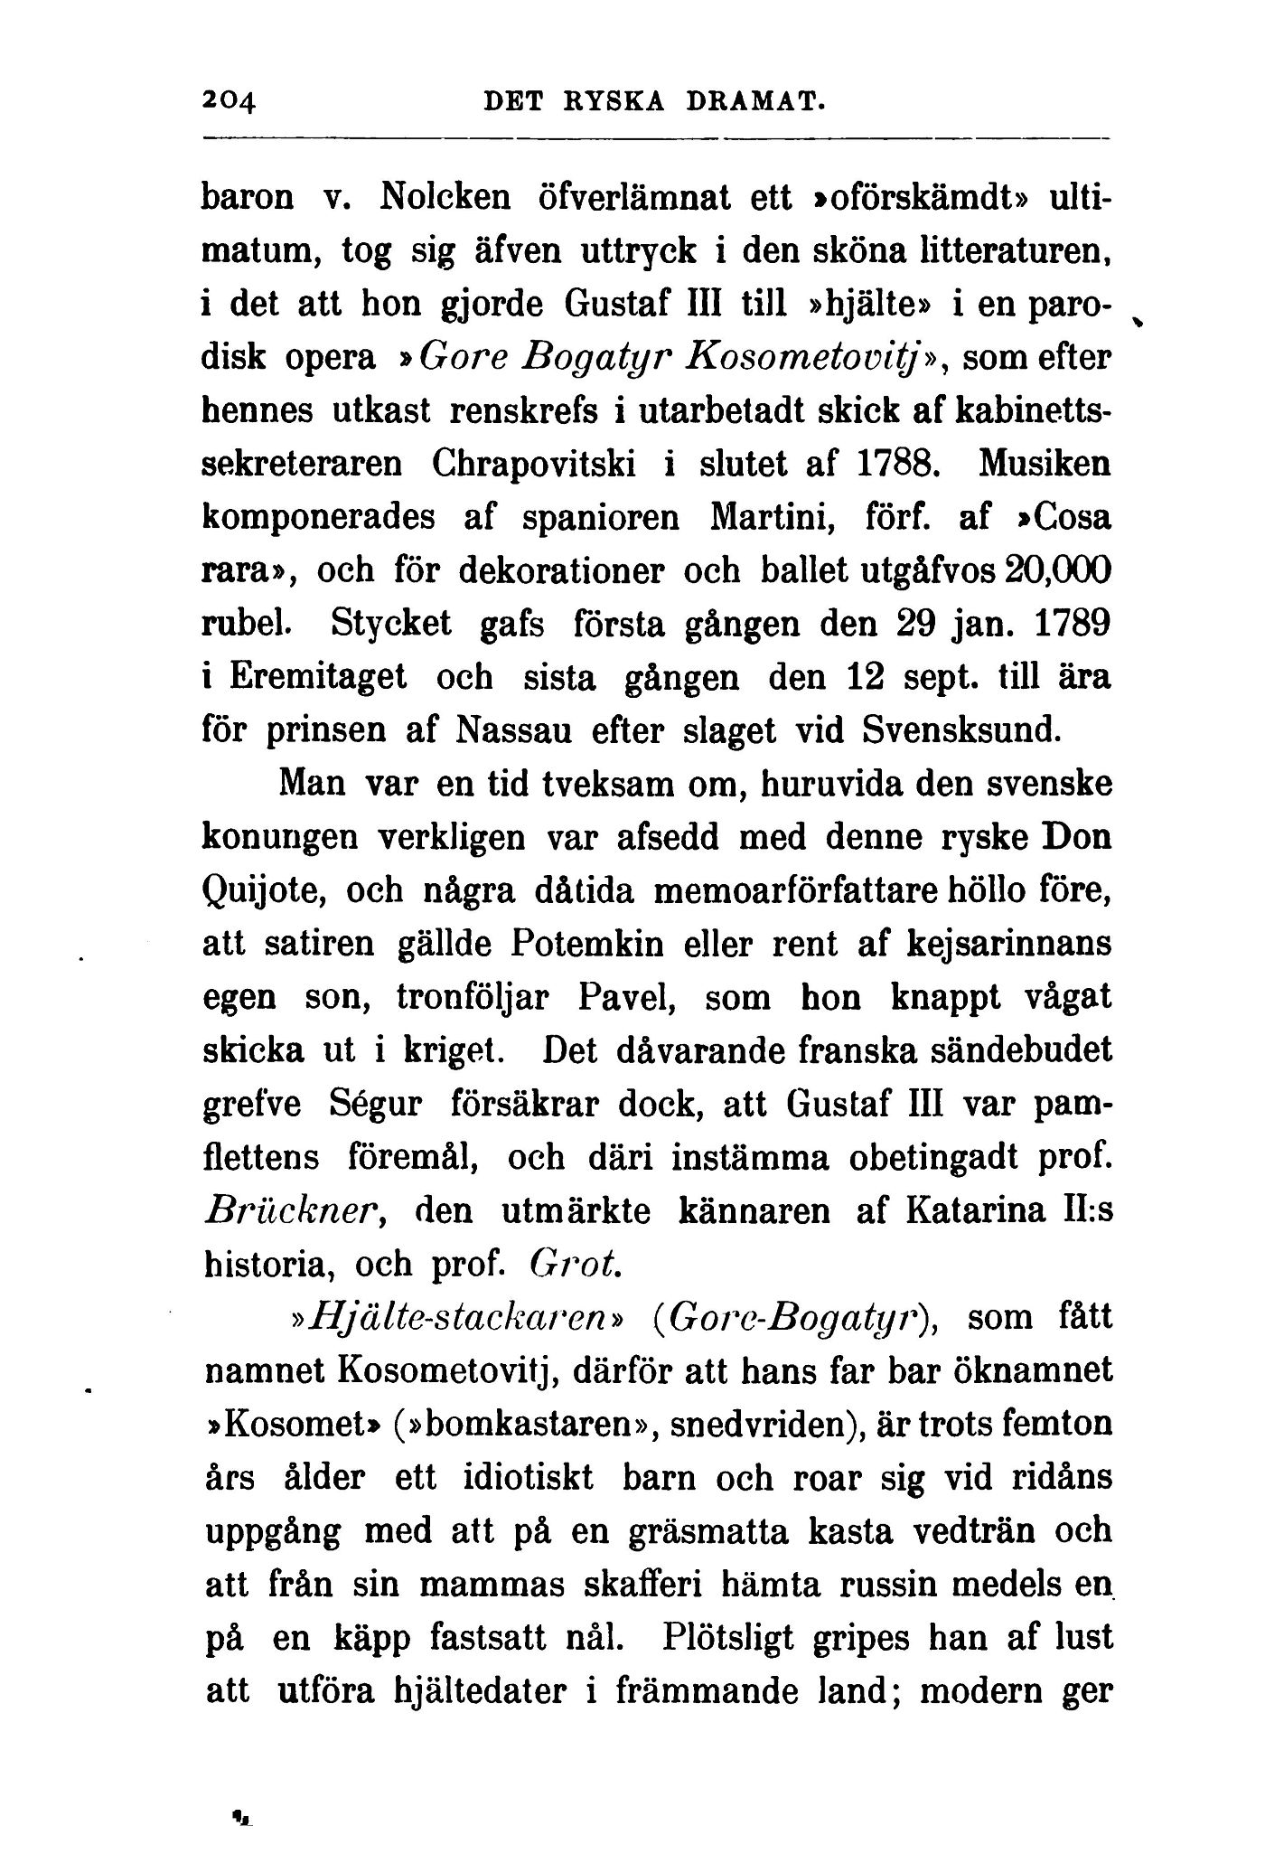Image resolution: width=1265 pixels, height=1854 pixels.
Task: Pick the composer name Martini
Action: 767,518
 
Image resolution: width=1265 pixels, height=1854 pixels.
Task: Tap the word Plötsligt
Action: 752,1638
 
